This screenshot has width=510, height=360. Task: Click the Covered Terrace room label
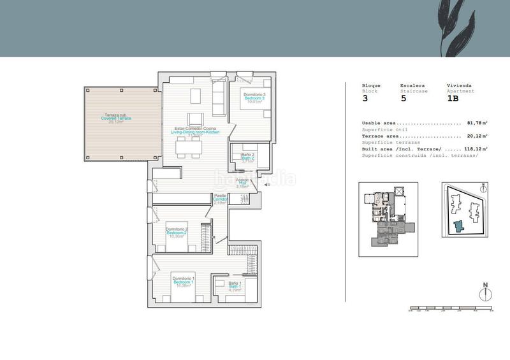115,119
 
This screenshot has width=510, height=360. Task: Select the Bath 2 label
248,158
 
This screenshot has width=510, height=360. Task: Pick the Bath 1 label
234,286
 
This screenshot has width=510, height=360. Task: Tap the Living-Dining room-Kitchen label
200,131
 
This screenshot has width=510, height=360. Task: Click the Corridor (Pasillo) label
221,199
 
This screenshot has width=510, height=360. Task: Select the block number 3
365,99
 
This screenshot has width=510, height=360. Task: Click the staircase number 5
403,99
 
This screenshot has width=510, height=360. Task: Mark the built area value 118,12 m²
476,148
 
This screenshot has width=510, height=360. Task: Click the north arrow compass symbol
485,293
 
